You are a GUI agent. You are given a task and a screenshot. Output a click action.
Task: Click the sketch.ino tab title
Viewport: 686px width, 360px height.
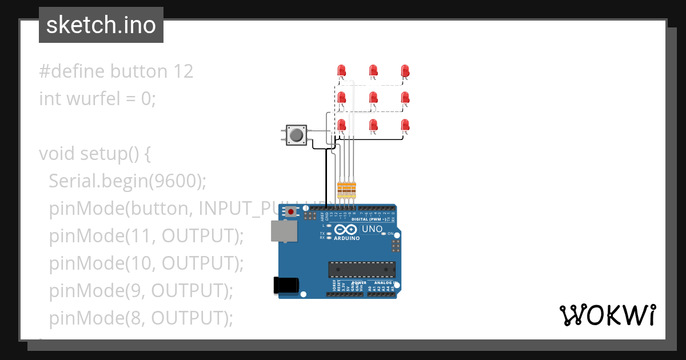pyautogui.click(x=101, y=25)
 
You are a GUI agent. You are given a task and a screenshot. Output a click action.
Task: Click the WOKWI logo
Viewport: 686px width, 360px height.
pyautogui.click(x=607, y=315)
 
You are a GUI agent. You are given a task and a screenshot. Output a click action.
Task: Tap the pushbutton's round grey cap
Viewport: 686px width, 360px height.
pyautogui.click(x=296, y=135)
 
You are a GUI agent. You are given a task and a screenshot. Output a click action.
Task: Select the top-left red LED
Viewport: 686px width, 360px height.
pyautogui.click(x=342, y=71)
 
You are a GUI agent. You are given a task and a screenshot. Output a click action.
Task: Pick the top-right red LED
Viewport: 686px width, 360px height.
pyautogui.click(x=405, y=71)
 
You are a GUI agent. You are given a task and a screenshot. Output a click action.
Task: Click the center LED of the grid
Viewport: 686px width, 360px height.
pyautogui.click(x=373, y=98)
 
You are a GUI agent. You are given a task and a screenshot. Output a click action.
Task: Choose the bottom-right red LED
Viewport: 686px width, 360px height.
pyautogui.click(x=405, y=125)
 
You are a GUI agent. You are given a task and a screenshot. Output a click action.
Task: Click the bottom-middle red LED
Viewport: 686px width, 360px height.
pyautogui.click(x=373, y=125)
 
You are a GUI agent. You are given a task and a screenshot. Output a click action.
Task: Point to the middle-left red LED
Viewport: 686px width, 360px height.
pyautogui.click(x=342, y=98)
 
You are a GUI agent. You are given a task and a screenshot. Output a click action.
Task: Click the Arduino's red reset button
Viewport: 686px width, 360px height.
pyautogui.click(x=292, y=212)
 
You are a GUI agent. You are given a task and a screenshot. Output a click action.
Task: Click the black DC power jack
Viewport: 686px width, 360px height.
pyautogui.click(x=286, y=285)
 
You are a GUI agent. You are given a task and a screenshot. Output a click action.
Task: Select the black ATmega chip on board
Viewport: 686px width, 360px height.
pyautogui.click(x=361, y=270)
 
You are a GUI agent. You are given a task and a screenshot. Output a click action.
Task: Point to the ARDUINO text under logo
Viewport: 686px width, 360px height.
pyautogui.click(x=347, y=238)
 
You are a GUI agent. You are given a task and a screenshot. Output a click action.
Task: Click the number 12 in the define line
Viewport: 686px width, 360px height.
pyautogui.click(x=182, y=71)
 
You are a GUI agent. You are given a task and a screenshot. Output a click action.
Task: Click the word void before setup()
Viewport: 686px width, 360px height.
pyautogui.click(x=57, y=154)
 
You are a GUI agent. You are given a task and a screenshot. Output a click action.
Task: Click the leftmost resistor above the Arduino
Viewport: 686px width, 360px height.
pyautogui.click(x=340, y=189)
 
